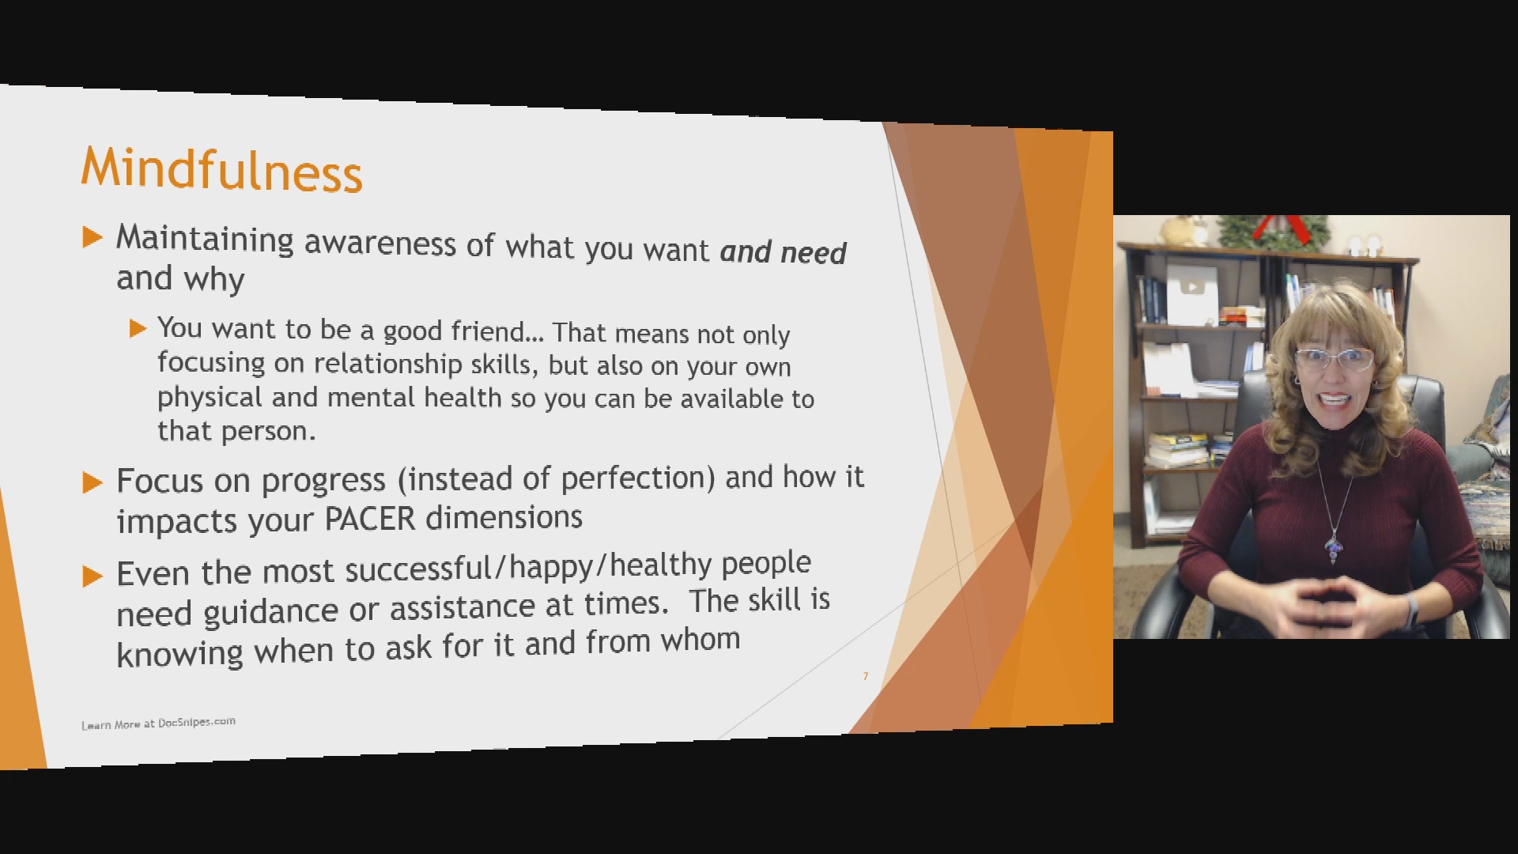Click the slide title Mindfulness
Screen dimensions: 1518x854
pyautogui.click(x=221, y=168)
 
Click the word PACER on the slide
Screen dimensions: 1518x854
pyautogui.click(x=369, y=519)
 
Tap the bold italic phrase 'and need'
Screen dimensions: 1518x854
pyautogui.click(x=783, y=251)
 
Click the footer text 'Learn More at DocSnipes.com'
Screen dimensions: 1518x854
pyautogui.click(x=158, y=723)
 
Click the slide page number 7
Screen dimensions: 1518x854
pyautogui.click(x=866, y=676)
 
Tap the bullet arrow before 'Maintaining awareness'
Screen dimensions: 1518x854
pyautogui.click(x=93, y=236)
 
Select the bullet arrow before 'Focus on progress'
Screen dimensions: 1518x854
pyautogui.click(x=93, y=482)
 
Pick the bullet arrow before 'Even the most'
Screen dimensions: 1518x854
pyautogui.click(x=93, y=576)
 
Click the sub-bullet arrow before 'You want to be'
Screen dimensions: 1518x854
pyautogui.click(x=138, y=328)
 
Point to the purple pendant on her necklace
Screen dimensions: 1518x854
pyautogui.click(x=1335, y=546)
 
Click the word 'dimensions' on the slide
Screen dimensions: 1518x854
pyautogui.click(x=504, y=518)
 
